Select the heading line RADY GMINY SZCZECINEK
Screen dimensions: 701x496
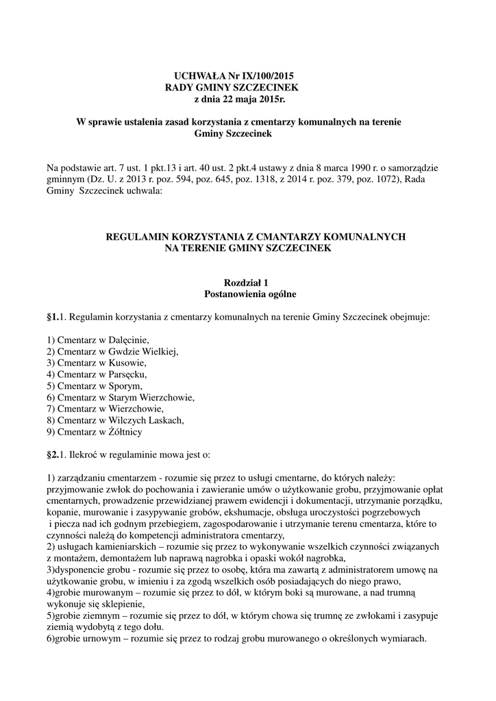pos(233,88)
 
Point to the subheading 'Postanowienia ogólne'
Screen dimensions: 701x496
pos(250,294)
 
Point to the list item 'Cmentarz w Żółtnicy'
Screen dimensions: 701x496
pos(96,432)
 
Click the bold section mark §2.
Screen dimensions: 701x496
pos(53,455)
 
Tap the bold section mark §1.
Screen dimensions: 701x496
pos(53,318)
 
